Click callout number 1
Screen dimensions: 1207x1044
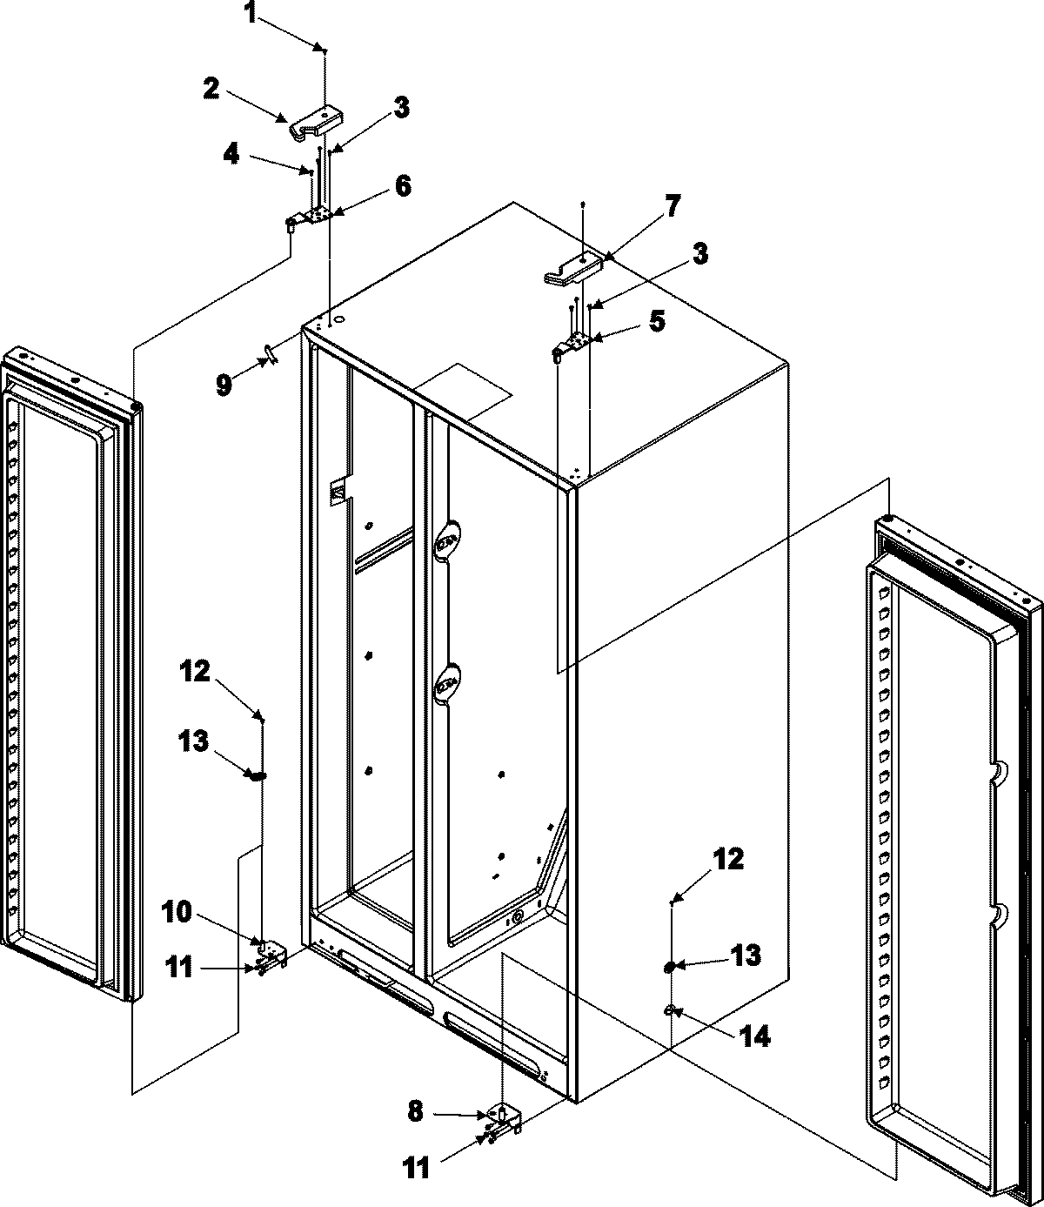pos(251,15)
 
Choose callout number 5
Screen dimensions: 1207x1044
pos(657,321)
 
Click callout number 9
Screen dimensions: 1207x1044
pos(224,385)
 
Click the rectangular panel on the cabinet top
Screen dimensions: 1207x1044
pos(462,392)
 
